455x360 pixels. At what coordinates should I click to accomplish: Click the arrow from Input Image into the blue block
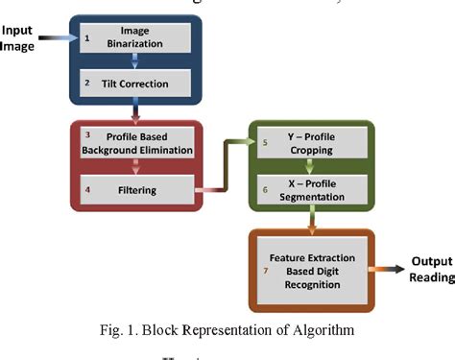click(x=57, y=37)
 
